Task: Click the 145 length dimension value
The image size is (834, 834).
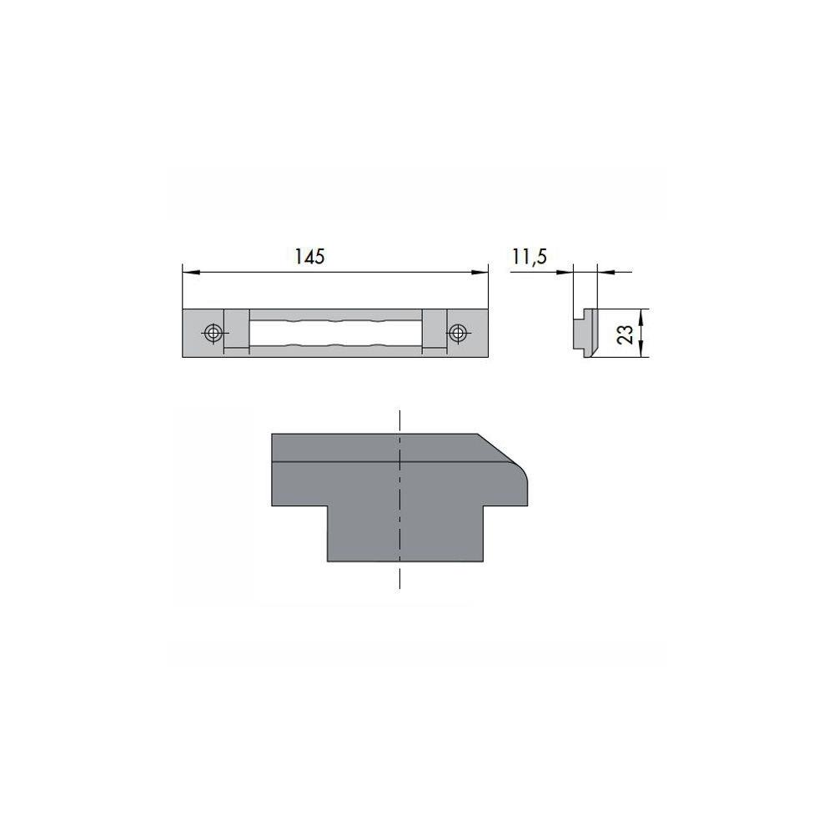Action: tap(309, 257)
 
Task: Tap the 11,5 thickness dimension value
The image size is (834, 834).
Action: tap(530, 257)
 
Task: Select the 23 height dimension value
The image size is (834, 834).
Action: tap(627, 334)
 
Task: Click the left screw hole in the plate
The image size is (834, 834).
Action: tap(214, 334)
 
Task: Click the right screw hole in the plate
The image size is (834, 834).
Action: tap(457, 334)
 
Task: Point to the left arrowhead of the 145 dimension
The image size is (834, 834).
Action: tap(190, 273)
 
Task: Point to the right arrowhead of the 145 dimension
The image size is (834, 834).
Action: tap(480, 273)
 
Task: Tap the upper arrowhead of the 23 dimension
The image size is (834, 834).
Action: tap(641, 318)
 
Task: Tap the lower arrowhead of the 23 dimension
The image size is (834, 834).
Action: tap(641, 349)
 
